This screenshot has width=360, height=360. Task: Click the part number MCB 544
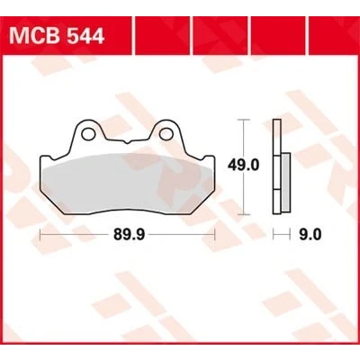pos(57,35)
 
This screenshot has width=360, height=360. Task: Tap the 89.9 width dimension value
pos(130,234)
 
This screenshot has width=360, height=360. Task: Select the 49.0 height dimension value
pos(243,165)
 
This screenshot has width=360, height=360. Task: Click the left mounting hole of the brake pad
pos(87,134)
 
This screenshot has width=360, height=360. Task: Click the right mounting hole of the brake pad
pos(166,134)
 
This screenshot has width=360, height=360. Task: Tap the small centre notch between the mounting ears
pos(127,142)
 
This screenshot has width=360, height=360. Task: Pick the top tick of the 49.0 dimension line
pos(243,120)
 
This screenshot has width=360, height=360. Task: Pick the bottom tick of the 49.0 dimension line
pos(243,214)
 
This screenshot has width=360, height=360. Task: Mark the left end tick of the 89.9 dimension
pos(40,234)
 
